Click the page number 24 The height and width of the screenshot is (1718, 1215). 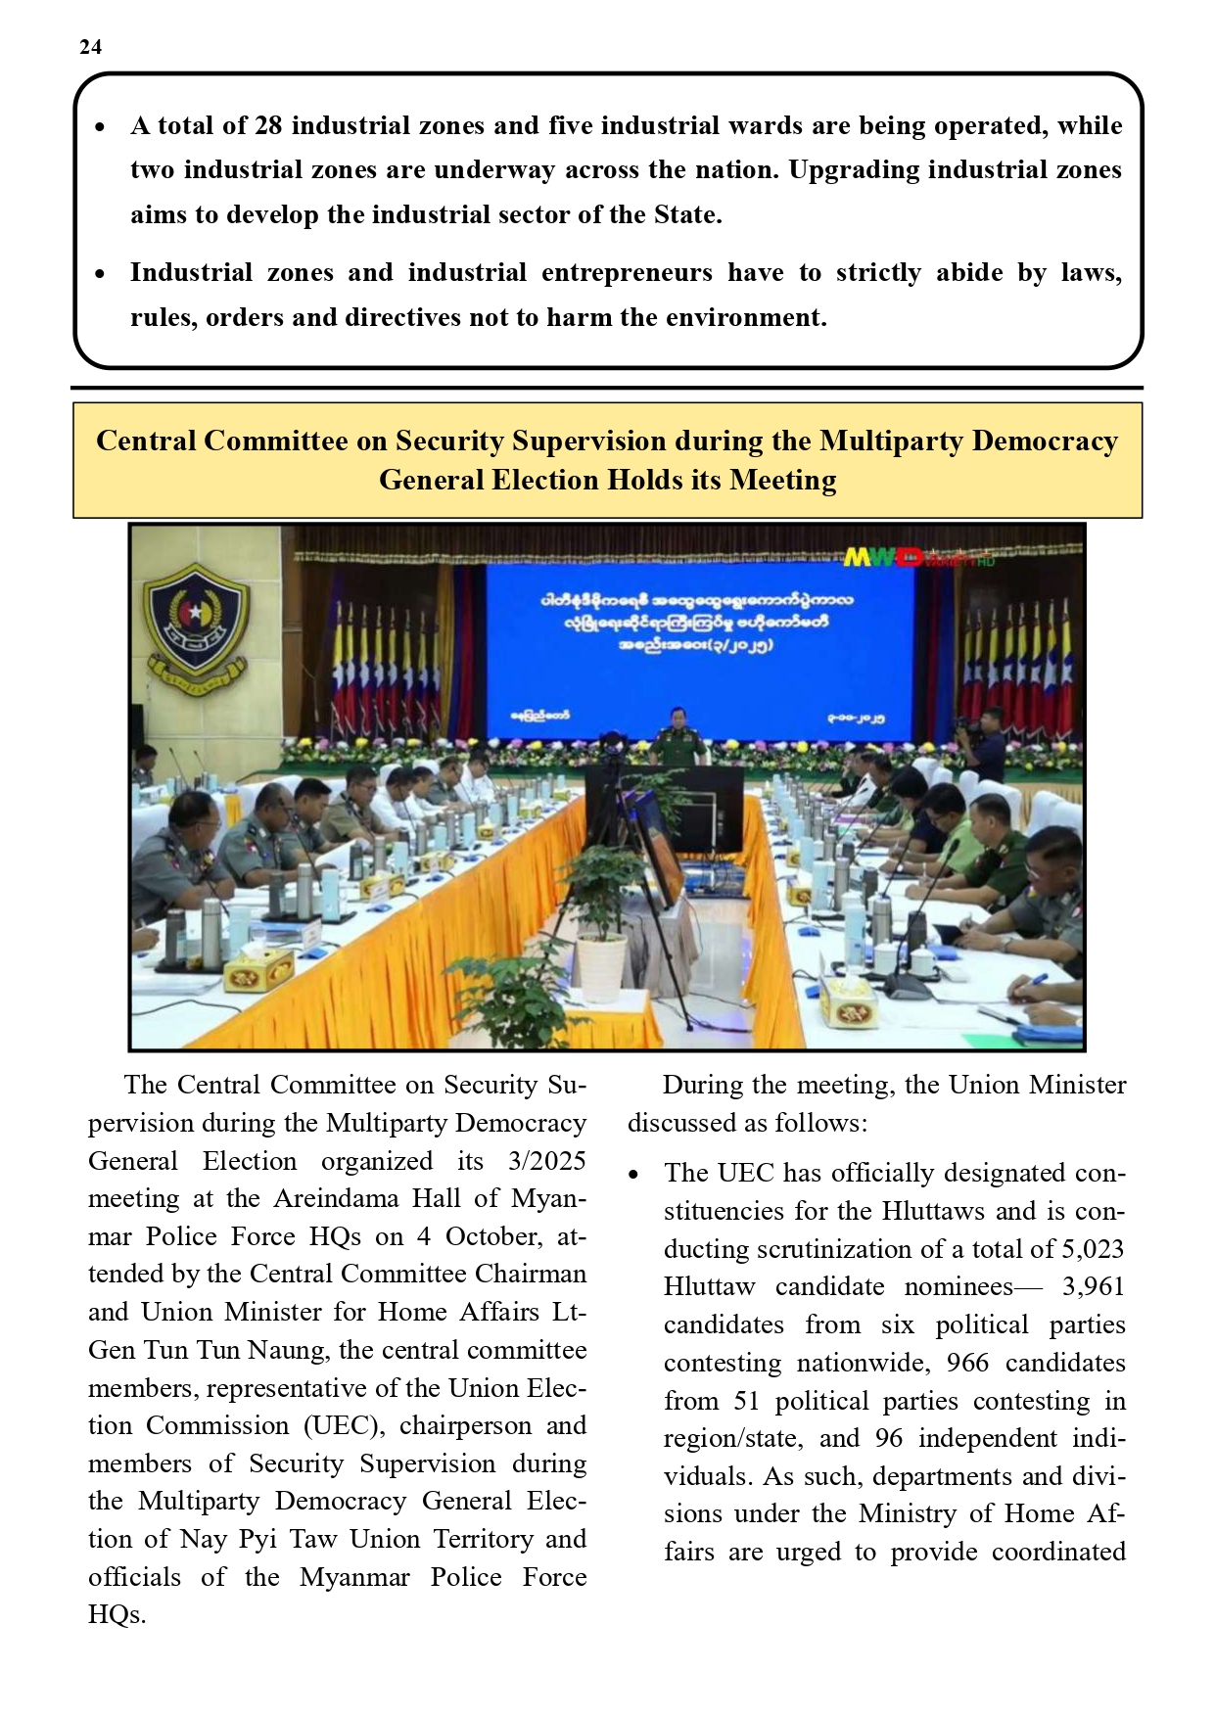[x=90, y=47]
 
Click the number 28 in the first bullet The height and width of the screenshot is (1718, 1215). [x=268, y=126]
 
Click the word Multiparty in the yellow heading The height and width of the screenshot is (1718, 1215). [x=891, y=441]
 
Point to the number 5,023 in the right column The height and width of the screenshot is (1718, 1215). [x=1092, y=1250]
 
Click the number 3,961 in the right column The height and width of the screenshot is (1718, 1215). [x=1093, y=1287]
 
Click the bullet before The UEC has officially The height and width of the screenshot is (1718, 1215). [x=634, y=1175]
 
